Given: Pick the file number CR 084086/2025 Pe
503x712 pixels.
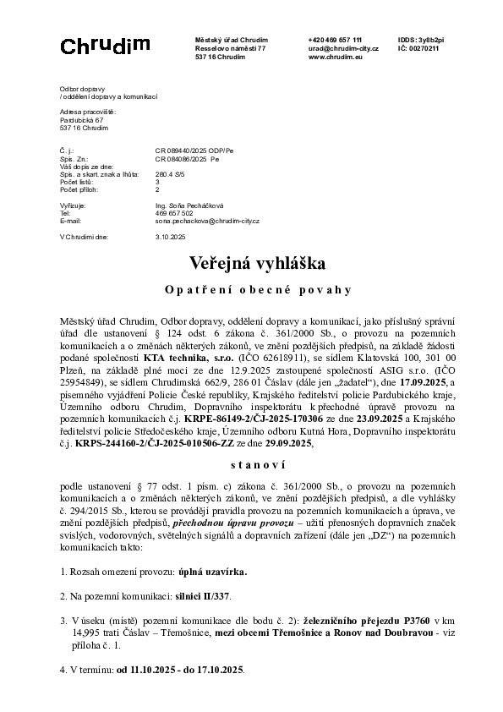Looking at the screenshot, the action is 188,158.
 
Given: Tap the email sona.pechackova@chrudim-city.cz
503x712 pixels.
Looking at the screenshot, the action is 208,221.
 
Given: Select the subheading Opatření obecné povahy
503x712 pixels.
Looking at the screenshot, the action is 251,290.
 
